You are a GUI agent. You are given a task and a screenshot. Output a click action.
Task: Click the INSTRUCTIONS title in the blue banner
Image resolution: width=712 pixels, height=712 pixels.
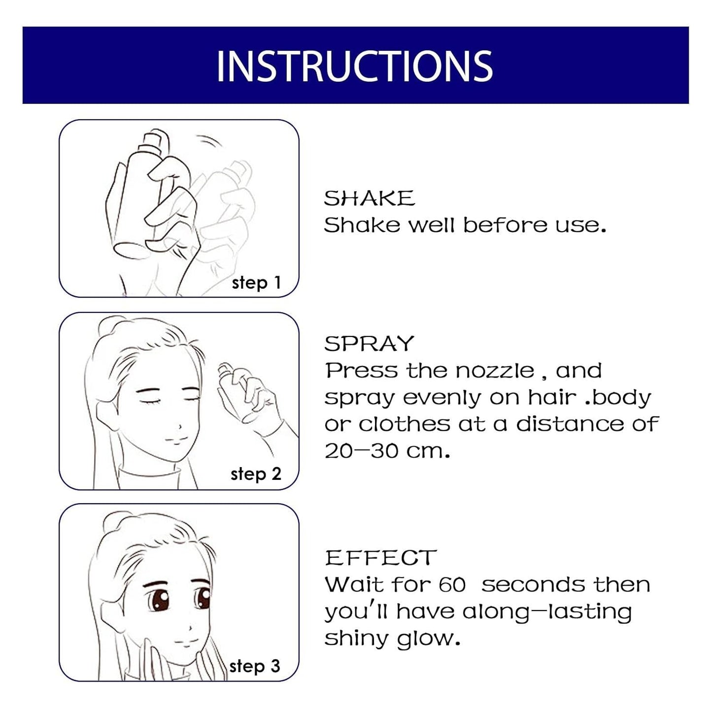(354, 66)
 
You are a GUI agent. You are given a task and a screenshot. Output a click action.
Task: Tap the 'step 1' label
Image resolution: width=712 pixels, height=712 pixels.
(256, 283)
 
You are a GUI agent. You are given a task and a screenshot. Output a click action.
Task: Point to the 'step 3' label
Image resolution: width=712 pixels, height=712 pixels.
(255, 666)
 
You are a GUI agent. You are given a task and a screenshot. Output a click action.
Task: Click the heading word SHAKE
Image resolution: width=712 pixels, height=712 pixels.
(369, 198)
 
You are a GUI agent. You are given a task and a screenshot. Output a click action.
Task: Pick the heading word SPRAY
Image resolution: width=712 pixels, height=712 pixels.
(369, 343)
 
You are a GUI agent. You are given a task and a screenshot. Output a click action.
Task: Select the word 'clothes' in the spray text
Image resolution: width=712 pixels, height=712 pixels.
(404, 424)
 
